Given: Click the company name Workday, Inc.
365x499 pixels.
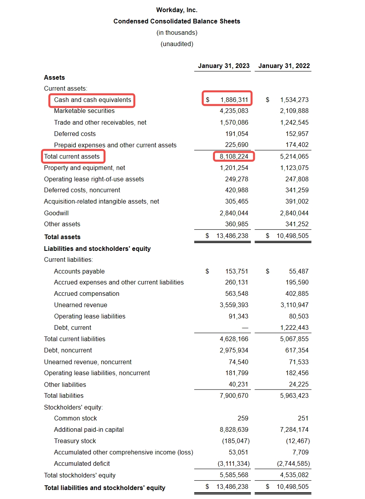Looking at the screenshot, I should [x=177, y=10].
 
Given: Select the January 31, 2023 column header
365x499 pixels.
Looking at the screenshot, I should [x=224, y=66].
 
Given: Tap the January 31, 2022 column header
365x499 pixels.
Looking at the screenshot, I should [x=284, y=66].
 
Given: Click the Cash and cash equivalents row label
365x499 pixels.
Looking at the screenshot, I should [x=93, y=100].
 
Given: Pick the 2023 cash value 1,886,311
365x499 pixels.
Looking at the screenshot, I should [x=234, y=100].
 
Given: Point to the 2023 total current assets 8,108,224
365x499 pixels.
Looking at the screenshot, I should [x=234, y=157].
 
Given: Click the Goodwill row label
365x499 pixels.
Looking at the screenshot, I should [x=56, y=213].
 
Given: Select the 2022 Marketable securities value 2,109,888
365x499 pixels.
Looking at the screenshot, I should [x=294, y=111].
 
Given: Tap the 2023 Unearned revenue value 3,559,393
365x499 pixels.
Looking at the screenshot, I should [x=234, y=305].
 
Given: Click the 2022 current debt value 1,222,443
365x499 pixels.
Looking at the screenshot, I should [x=294, y=327].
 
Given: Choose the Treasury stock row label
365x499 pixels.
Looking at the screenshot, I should [x=75, y=441].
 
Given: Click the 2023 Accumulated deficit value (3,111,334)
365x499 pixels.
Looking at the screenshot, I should [x=233, y=463].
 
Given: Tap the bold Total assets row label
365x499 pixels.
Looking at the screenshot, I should [x=62, y=237].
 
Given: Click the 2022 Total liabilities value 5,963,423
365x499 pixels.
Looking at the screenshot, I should [x=294, y=395].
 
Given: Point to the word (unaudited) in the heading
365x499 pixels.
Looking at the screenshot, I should [x=177, y=44].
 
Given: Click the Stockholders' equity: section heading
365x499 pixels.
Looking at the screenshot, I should [x=73, y=407].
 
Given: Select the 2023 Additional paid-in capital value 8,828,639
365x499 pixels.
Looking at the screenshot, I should [x=234, y=429].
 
